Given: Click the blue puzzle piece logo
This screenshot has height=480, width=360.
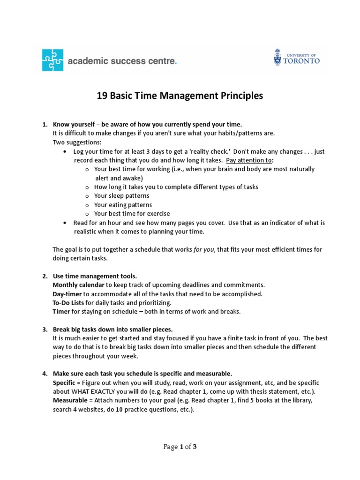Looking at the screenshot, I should click(52, 60).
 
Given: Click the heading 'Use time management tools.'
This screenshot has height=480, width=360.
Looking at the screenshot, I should click(95, 276).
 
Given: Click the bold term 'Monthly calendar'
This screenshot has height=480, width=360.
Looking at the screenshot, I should click(78, 285).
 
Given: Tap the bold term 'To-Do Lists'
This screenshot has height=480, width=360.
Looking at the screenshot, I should click(68, 303).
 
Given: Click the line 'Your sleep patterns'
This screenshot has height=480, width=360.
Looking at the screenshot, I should click(121, 195).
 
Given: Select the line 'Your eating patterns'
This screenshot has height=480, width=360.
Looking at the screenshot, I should click(123, 205).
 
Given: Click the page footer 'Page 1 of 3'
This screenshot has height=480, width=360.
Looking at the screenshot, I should click(180, 447).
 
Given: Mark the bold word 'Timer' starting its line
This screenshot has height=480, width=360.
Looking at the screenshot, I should click(61, 312).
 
